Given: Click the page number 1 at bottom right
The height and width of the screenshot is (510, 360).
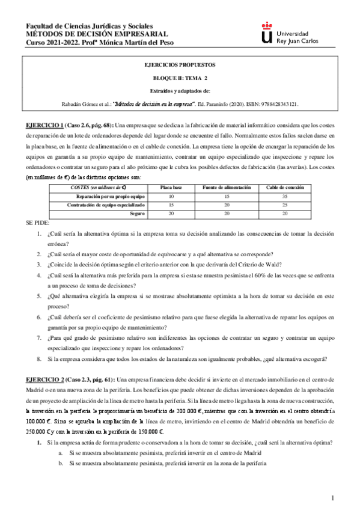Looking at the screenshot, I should point(332,498).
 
